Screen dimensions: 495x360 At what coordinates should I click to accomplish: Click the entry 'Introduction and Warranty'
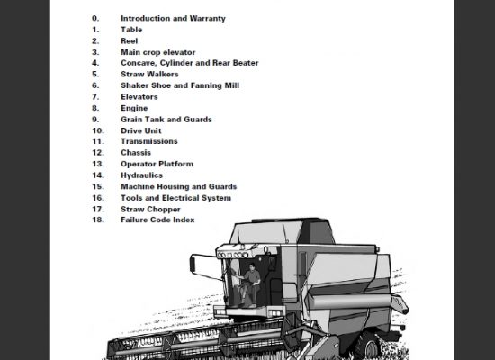173,18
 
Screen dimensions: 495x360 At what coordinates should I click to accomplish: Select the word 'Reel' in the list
129,41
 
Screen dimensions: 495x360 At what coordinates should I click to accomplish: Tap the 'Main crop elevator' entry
158,52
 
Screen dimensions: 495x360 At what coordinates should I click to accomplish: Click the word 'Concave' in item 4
139,63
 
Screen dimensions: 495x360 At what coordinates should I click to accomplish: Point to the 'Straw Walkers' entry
149,74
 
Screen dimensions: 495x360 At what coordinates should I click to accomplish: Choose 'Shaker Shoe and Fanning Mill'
180,85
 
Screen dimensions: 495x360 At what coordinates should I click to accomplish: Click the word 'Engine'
134,108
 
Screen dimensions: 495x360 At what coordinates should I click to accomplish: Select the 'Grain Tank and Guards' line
166,120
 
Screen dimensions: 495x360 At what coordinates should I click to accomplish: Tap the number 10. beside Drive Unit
98,130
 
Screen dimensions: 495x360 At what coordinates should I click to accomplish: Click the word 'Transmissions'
149,141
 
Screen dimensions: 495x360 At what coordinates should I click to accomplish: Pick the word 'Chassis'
136,152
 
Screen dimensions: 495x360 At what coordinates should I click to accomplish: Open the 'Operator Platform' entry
157,164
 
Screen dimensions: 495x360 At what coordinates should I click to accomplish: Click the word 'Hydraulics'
141,175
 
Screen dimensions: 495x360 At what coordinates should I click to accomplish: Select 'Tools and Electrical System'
175,198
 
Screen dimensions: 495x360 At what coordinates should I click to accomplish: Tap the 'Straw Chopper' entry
150,210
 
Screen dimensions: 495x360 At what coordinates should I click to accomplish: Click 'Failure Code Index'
157,220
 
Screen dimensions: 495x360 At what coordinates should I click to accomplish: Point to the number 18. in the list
98,220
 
